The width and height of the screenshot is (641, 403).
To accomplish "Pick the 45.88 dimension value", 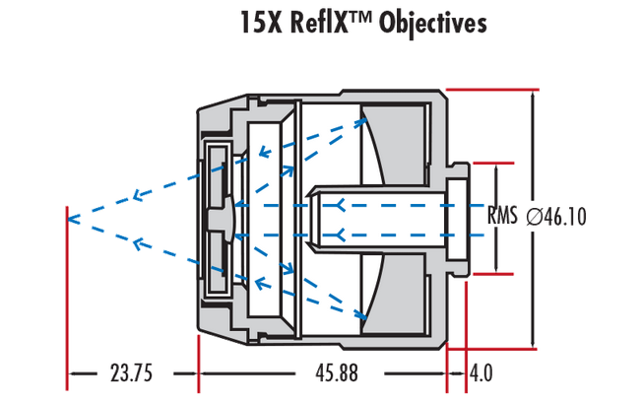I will [x=321, y=374].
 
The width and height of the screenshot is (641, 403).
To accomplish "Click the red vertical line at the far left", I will [x=66, y=296].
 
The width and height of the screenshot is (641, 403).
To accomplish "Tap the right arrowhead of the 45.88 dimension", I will [x=439, y=374].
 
